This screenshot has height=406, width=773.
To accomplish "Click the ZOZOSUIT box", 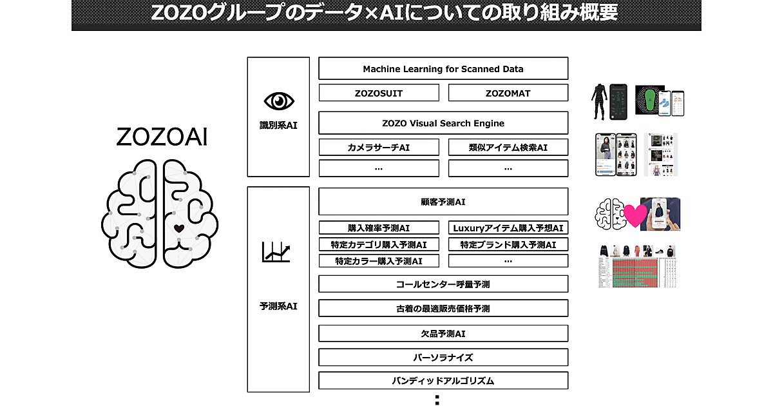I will pos(379,93).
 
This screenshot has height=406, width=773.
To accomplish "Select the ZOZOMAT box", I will pos(508,93).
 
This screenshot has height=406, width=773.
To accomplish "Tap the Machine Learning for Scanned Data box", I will pos(443,68).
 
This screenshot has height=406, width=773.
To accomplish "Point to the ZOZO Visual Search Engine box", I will pos(443,123).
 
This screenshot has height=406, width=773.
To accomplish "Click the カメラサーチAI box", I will pos(379,148).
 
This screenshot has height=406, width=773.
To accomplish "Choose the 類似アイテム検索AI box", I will pos(508,148).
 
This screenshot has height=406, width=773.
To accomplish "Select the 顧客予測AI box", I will pos(443,202).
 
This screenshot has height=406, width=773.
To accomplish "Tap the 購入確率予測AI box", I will pos(379,227).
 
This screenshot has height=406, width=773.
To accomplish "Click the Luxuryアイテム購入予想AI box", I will pos(508,227).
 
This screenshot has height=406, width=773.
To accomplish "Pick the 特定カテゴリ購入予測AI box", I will pos(379,244).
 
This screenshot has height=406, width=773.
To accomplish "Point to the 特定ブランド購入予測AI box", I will pos(508,244).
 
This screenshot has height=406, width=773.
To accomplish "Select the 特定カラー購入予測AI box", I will pos(379,261).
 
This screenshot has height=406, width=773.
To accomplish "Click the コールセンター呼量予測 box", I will pos(443,284).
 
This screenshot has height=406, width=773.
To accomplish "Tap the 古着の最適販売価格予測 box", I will pos(443,308).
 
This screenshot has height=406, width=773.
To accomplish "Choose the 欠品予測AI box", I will pos(443,333).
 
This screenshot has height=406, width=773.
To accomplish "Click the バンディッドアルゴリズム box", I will pos(443,380).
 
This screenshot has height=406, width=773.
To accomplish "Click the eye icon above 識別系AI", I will pos(279,101).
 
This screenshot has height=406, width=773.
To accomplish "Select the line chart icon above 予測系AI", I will pos(276,252).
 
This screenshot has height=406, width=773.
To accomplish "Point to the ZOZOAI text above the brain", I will pos(162,137).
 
